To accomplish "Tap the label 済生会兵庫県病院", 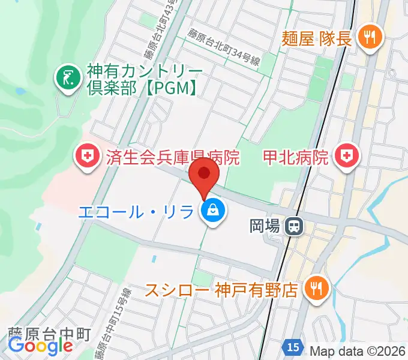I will coord(172,158).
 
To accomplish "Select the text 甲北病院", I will coord(296,158).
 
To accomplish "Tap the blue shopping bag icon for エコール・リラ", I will coord(212,211).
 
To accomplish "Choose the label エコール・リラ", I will coord(136,211).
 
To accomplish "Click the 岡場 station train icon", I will coord(294,226).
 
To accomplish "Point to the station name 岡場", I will coord(264,226).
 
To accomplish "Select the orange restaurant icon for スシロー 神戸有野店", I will coord(314,290).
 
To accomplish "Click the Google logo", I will coord(40,346).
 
